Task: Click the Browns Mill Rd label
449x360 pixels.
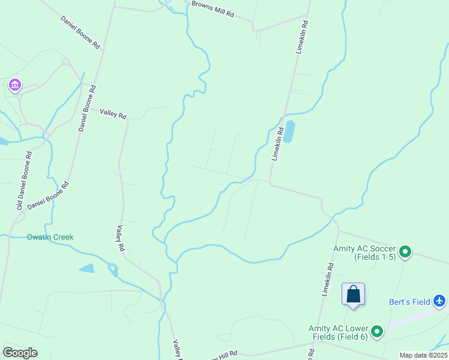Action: pos(212,9)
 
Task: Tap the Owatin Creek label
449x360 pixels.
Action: pos(50,237)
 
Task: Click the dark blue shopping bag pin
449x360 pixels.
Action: pos(354,295)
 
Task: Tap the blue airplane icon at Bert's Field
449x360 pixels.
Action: pos(440,300)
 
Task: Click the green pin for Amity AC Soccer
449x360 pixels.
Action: pos(406,252)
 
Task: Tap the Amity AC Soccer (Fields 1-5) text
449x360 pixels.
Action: pos(364,253)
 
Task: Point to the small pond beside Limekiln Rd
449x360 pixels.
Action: pos(289,131)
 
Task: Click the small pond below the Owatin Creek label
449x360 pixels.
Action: pos(86,268)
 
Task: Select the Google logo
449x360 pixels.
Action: pos(20,353)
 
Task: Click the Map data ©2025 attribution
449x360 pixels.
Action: pos(423,355)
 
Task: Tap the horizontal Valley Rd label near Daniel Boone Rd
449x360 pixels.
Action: pos(113,113)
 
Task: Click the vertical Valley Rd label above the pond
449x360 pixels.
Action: pos(121,238)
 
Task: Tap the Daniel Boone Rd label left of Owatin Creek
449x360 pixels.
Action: pos(48,196)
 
